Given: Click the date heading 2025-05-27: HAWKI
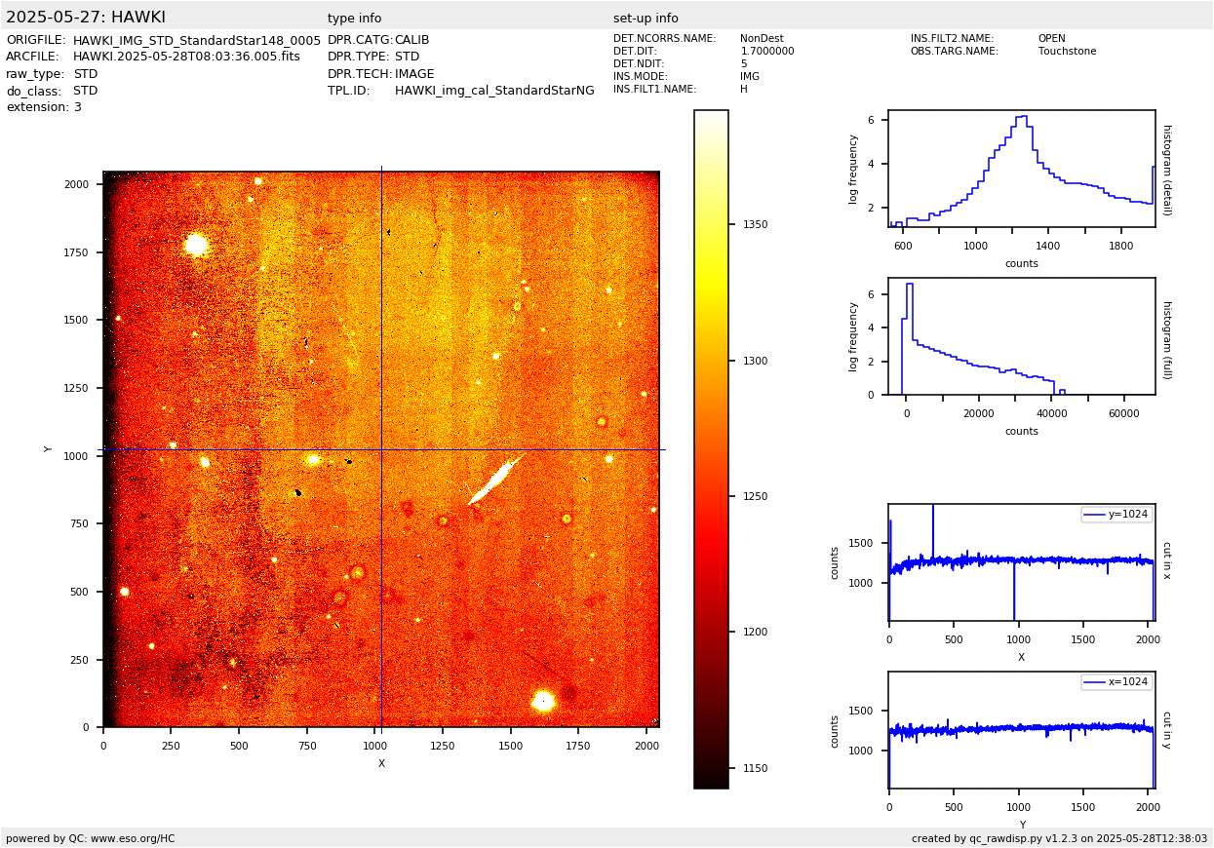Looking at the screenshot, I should [x=86, y=18].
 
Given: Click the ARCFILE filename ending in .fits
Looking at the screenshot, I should [x=186, y=57].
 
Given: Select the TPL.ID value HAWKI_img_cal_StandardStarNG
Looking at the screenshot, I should [x=494, y=91].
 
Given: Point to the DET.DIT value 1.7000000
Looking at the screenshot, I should [x=766, y=52].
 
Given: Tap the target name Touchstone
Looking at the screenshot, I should [x=1067, y=52].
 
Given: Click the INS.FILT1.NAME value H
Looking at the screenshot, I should [x=744, y=90].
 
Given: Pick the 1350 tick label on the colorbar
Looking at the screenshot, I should [x=755, y=224].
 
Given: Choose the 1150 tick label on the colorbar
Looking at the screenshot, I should [x=755, y=768].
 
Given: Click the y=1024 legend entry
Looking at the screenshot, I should [x=1116, y=515].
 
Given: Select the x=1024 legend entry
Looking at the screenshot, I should [x=1116, y=682].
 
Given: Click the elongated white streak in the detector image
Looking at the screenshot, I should [x=497, y=478].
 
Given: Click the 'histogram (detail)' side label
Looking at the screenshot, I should [x=1166, y=169].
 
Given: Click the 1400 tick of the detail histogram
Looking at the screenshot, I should [x=1048, y=246].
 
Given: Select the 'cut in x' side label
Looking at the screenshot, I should [x=1166, y=560].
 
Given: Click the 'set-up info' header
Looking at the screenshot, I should [x=646, y=19].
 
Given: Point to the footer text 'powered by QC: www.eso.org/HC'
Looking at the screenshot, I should [x=91, y=838].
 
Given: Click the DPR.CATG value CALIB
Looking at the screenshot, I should [x=411, y=40].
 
